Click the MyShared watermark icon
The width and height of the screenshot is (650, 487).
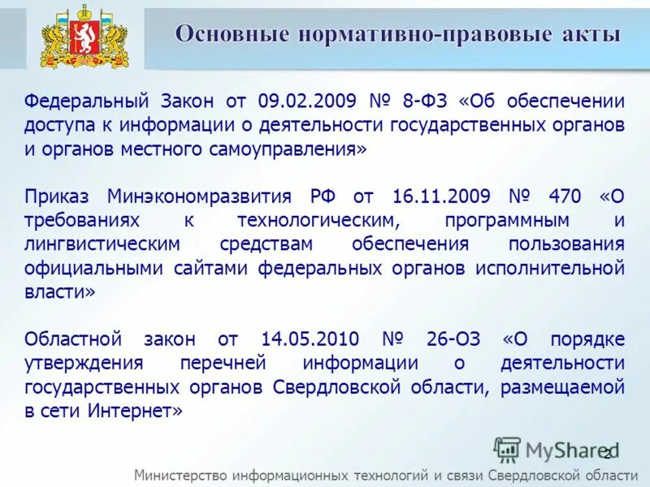click(507, 449)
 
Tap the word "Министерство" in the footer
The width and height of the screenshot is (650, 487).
click(180, 475)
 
